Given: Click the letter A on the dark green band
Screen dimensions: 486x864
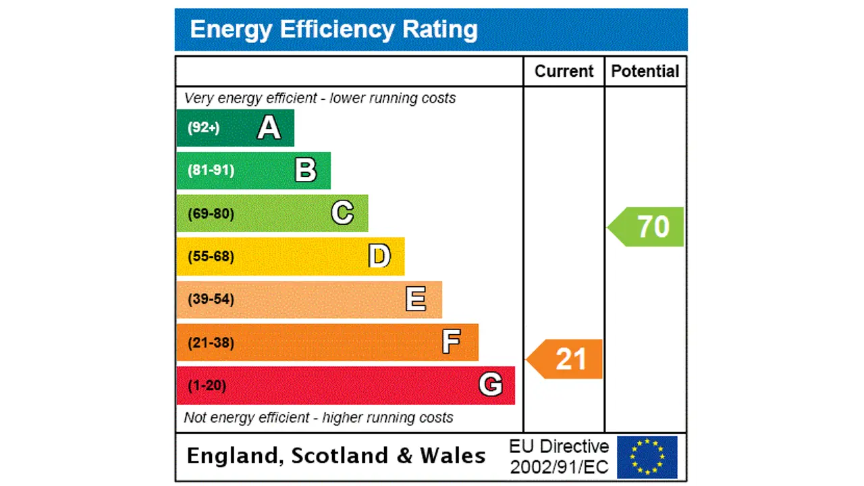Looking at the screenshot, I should coord(269,128).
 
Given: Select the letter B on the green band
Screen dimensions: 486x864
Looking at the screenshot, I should coord(305,170).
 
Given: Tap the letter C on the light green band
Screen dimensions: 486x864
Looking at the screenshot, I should coord(342,213).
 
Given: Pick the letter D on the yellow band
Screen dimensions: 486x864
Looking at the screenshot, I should coord(379,256).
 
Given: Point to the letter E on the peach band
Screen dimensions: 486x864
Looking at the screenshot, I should coord(416,299).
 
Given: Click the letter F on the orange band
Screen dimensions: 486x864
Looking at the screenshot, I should coord(452,342).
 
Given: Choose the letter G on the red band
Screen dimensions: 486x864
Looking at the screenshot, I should coord(491,385).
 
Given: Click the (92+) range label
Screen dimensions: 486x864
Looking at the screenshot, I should coord(203,128).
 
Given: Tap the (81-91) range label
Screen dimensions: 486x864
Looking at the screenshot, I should coord(211,170).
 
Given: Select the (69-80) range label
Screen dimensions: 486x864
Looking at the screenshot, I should coord(211,214).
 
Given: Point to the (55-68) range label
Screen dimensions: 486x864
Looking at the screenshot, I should coord(211,256).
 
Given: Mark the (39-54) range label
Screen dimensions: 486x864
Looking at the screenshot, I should coord(211,299).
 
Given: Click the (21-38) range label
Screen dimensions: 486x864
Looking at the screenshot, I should coord(211,342).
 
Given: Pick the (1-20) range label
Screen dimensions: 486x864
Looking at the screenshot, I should coord(207,385).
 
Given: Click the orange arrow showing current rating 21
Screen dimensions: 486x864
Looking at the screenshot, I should coord(566,359).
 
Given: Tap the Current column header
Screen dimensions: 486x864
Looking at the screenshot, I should coord(564,72).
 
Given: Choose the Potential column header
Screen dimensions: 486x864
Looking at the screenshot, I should coord(645,72).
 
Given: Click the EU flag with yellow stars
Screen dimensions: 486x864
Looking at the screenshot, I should coord(647,457).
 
